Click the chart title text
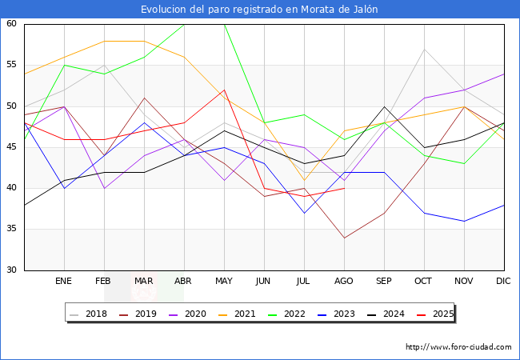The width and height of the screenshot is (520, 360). click(259, 10)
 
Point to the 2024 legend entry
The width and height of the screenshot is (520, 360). click(392, 314)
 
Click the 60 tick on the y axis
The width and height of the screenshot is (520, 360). click(12, 24)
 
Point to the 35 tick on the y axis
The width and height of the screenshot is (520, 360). click(12, 230)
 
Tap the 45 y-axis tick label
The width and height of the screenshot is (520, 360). click(12, 147)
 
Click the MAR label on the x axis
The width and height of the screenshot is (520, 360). click(144, 282)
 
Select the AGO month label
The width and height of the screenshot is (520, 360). click(344, 282)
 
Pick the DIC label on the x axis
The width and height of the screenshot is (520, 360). click(504, 282)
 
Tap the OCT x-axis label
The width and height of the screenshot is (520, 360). click(424, 282)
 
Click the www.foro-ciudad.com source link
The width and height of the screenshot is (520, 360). click(458, 347)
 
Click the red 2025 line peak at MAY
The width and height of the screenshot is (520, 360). click(224, 90)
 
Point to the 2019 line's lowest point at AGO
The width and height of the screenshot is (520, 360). click(344, 238)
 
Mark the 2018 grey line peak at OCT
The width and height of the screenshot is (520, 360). click(424, 49)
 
